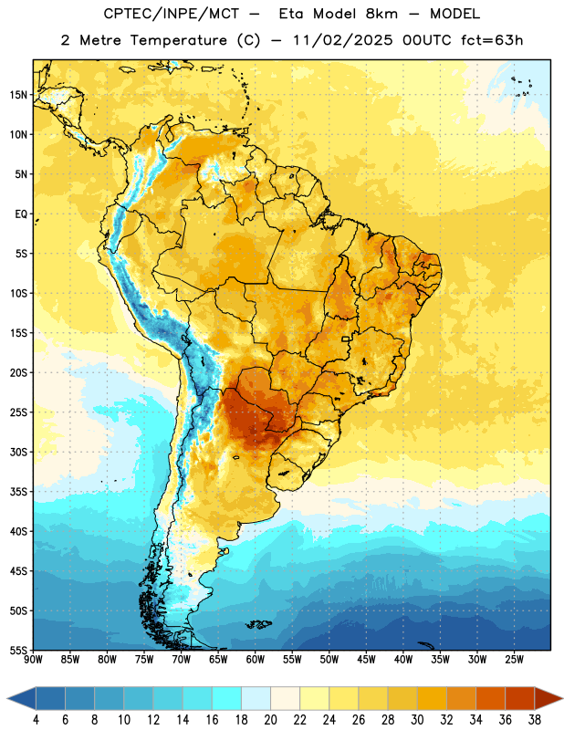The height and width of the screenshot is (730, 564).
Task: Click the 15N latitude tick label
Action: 18,95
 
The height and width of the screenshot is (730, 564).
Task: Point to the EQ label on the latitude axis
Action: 21,214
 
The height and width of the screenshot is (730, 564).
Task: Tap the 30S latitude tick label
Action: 18,453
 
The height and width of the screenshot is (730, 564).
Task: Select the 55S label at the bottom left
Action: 18,650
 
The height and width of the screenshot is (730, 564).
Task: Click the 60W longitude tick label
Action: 256,660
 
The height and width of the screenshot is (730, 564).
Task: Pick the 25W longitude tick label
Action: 514,660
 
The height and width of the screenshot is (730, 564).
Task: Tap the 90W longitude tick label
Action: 34,660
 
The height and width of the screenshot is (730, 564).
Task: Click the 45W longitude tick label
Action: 366,660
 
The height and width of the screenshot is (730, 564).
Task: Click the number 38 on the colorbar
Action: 534,720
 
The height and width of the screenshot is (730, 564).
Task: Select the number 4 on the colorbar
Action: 36,720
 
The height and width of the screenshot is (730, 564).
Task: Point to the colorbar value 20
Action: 270,720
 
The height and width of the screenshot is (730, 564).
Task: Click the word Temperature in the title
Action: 178,40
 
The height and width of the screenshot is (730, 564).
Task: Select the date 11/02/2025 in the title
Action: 343,40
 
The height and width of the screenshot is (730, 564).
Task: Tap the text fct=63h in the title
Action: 492,40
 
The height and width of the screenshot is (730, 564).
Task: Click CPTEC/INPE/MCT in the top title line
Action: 171,14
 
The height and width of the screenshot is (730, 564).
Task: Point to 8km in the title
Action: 381,14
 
